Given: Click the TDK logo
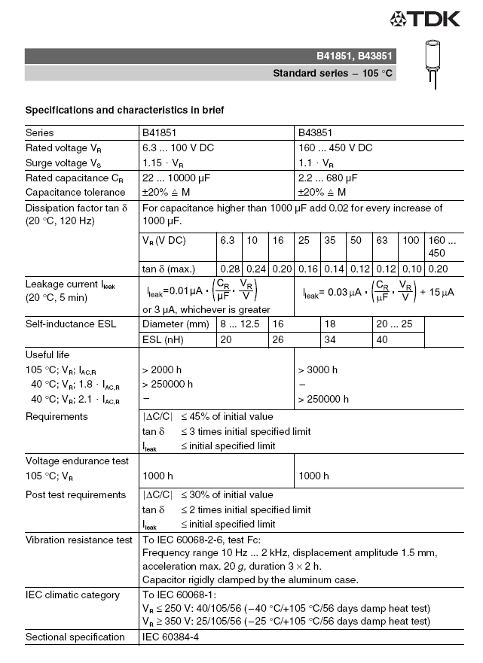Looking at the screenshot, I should [x=424, y=19].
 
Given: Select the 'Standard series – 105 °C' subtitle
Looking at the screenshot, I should [x=332, y=74].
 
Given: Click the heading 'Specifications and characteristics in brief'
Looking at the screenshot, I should [x=124, y=110].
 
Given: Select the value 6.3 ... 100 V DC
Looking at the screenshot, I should [x=178, y=148].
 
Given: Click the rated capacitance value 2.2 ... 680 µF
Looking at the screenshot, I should [x=328, y=178].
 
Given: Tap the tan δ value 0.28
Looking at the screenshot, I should [x=229, y=269].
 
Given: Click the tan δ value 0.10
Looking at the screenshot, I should [x=411, y=269].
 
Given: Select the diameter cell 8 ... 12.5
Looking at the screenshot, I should [x=241, y=324].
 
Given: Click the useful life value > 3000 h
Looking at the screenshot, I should [x=318, y=370].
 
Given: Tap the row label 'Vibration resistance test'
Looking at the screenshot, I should [x=79, y=540].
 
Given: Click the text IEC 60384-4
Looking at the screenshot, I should [x=171, y=637].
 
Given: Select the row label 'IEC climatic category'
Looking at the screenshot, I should [x=72, y=595].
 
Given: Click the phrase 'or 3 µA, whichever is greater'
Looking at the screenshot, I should [x=206, y=309].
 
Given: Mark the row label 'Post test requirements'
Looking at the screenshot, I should [x=75, y=495].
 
